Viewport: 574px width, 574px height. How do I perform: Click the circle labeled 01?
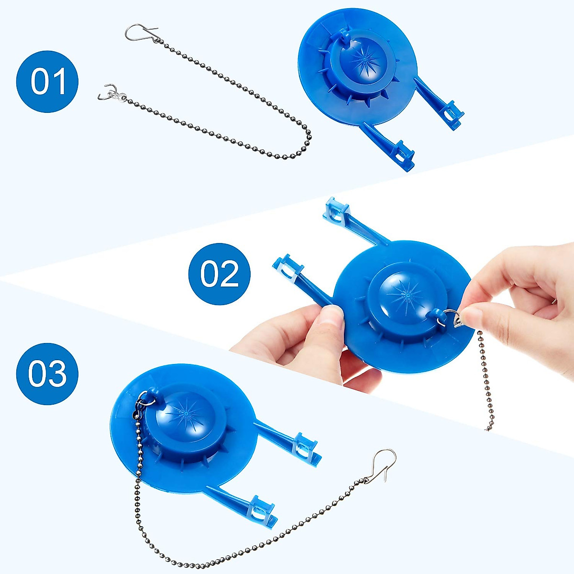[47, 82]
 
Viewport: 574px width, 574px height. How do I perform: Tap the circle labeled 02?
[220, 274]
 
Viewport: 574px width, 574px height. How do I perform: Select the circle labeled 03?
[47, 374]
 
